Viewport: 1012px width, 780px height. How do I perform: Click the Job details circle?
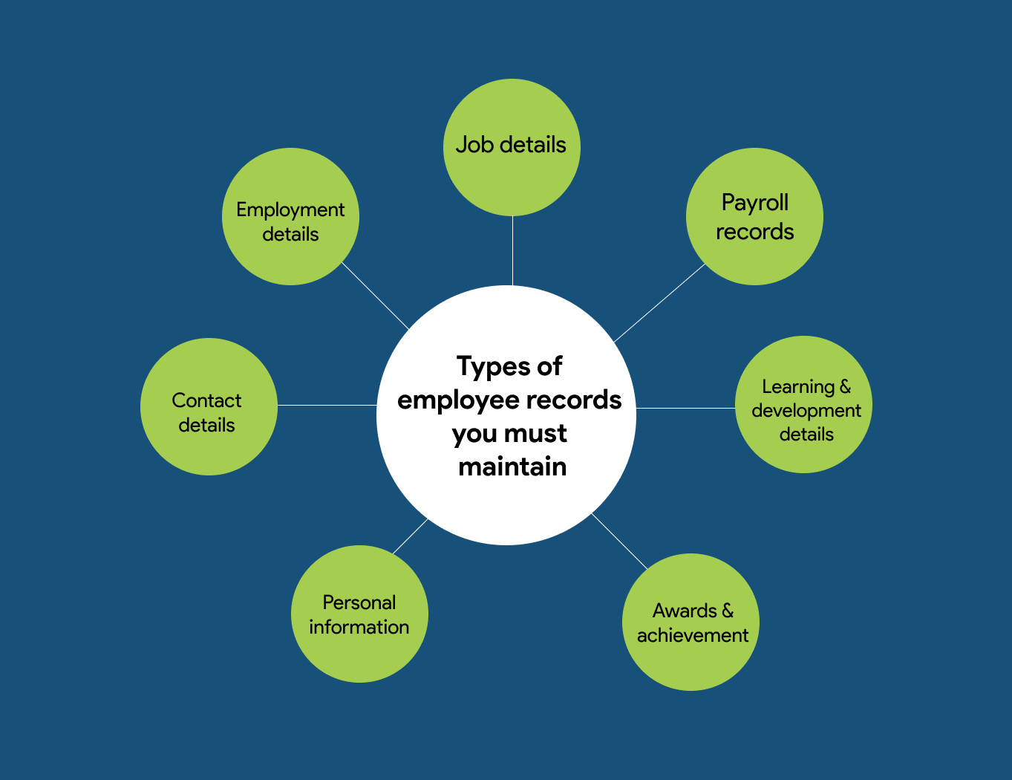pyautogui.click(x=512, y=147)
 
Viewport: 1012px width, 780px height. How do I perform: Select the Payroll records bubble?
pyautogui.click(x=754, y=216)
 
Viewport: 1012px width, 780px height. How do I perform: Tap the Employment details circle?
pyautogui.click(x=290, y=216)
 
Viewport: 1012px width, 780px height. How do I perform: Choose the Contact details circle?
pyautogui.click(x=209, y=406)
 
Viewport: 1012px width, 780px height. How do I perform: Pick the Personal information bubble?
pyautogui.click(x=359, y=614)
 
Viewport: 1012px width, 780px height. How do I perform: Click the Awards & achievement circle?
pyautogui.click(x=691, y=622)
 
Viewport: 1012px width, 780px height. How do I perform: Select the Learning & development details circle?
pyautogui.click(x=803, y=404)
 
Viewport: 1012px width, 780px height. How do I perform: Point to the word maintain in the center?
pyautogui.click(x=512, y=467)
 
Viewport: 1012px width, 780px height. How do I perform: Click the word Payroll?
pyautogui.click(x=754, y=202)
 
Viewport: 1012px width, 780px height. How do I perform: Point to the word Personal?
pyautogui.click(x=359, y=602)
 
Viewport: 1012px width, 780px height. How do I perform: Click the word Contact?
pyautogui.click(x=206, y=400)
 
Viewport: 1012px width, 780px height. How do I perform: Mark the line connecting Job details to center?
pyautogui.click(x=512, y=251)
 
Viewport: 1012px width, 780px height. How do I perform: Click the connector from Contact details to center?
pyautogui.click(x=327, y=405)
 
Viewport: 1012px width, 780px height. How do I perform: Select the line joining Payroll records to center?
pyautogui.click(x=659, y=303)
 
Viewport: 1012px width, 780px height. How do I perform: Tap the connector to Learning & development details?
pyautogui.click(x=685, y=408)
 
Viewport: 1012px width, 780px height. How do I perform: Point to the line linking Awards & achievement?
pyautogui.click(x=619, y=541)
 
